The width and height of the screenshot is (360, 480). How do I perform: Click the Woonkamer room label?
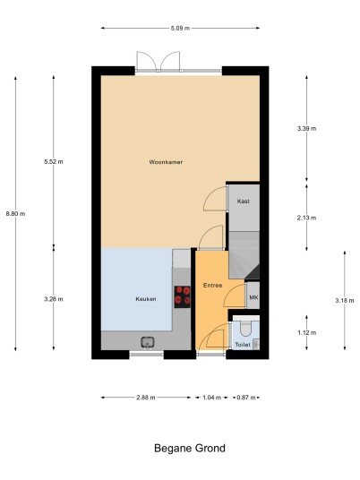pyautogui.click(x=166, y=162)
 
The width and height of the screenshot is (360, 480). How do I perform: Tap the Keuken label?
pyautogui.click(x=146, y=299)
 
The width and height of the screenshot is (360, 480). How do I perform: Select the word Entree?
pyautogui.click(x=212, y=286)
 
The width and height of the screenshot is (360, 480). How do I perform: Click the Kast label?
pyautogui.click(x=244, y=201)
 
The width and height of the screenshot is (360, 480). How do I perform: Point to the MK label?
pyautogui.click(x=253, y=297)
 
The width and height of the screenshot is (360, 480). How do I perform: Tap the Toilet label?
pyautogui.click(x=243, y=345)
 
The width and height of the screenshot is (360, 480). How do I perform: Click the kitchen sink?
pyautogui.click(x=148, y=342)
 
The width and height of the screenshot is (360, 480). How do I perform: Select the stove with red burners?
pyautogui.click(x=182, y=297)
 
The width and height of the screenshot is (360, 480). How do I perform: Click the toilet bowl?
pyautogui.click(x=245, y=329)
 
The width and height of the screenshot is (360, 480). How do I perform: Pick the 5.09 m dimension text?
pyautogui.click(x=180, y=28)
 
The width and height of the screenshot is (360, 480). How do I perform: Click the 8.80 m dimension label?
pyautogui.click(x=15, y=214)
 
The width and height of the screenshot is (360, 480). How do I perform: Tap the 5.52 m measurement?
pyautogui.click(x=54, y=161)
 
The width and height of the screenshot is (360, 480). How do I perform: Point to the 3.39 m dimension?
pyautogui.click(x=306, y=129)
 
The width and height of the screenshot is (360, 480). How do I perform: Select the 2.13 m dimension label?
pyautogui.click(x=306, y=218)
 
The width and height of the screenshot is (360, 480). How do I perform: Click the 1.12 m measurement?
pyautogui.click(x=307, y=333)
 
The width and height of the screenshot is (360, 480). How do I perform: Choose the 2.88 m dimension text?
pyautogui.click(x=146, y=398)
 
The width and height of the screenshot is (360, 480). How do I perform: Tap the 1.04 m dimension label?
pyautogui.click(x=212, y=398)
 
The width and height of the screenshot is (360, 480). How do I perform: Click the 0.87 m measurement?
pyautogui.click(x=246, y=398)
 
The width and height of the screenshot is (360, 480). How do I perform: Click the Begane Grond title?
pyautogui.click(x=190, y=449)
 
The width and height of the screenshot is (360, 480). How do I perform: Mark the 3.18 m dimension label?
pyautogui.click(x=345, y=301)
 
